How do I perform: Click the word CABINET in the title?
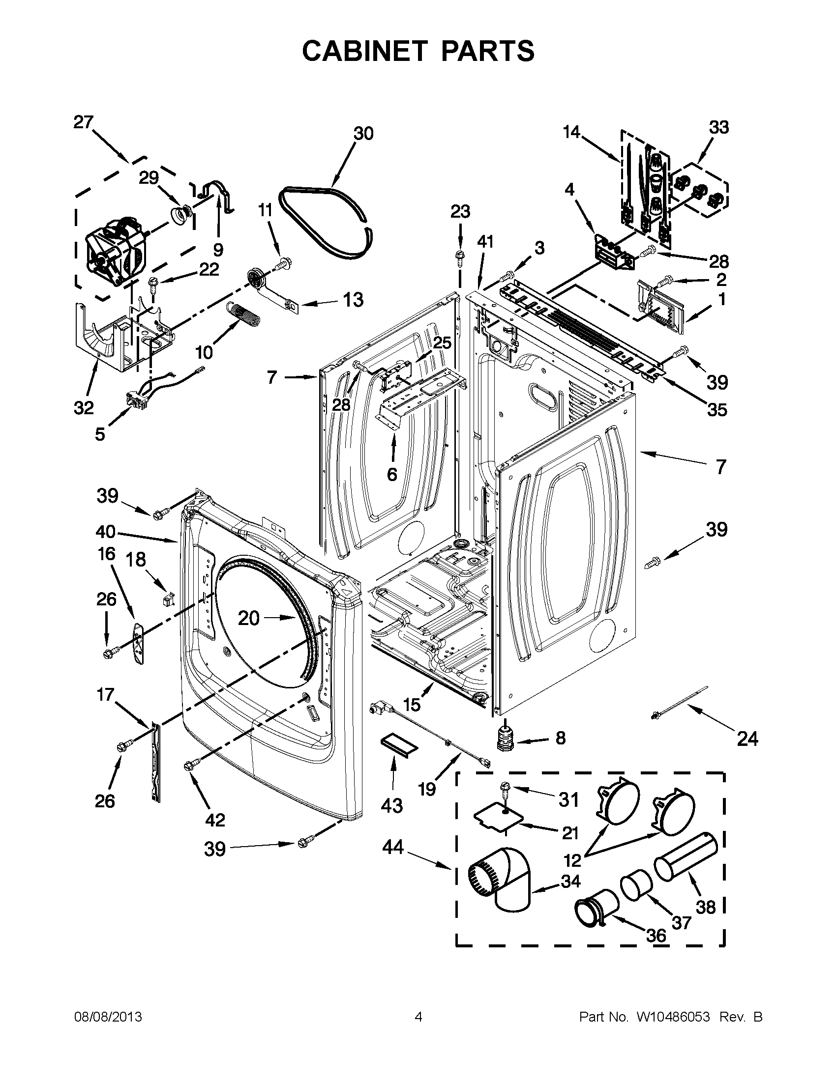[364, 51]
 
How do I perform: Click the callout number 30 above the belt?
[363, 134]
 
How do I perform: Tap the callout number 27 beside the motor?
[83, 122]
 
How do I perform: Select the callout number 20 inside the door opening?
[249, 618]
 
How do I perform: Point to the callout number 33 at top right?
[718, 127]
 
